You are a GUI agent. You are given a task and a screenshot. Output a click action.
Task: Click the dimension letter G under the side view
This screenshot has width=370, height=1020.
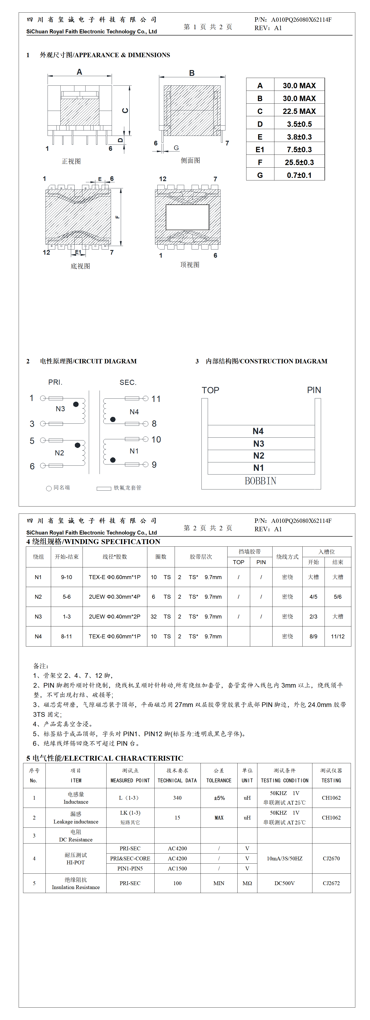tap(176, 148)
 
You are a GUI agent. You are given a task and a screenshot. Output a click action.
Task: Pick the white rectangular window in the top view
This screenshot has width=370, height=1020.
tap(187, 217)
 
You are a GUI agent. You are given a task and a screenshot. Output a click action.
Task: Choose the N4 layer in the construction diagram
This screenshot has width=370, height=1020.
tap(258, 431)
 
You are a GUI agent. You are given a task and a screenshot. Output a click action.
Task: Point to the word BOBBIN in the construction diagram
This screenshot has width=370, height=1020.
tap(260, 481)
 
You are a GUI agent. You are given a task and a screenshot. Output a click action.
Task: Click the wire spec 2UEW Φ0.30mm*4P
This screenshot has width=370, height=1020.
tap(114, 597)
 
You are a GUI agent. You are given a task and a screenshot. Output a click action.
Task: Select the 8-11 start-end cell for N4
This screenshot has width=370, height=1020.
tap(66, 636)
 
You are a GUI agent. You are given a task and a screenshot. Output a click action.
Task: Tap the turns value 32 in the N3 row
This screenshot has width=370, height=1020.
tap(154, 616)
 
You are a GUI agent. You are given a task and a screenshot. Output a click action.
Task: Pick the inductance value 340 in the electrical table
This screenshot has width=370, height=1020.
tap(177, 798)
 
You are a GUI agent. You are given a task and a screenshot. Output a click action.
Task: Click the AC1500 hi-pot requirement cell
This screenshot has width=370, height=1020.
tap(177, 868)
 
